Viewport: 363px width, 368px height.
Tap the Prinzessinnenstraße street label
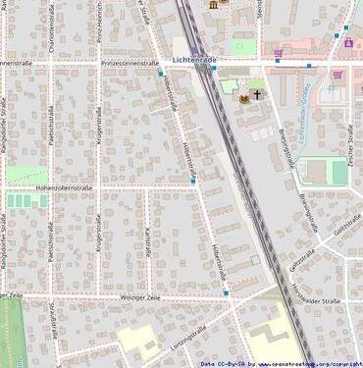pyautogui.click(x=130, y=63)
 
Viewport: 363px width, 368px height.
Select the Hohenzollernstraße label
pyautogui.click(x=64, y=185)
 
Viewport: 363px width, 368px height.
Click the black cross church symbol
pyautogui.click(x=257, y=95)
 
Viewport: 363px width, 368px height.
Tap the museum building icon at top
pyautogui.click(x=213, y=6)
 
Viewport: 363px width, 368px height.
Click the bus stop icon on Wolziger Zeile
pyautogui.click(x=227, y=292)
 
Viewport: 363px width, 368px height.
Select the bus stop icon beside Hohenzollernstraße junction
pyautogui.click(x=192, y=182)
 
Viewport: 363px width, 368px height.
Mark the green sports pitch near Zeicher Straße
pyautogui.click(x=338, y=172)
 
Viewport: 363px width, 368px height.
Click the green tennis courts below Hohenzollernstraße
pyautogui.click(x=21, y=200)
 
